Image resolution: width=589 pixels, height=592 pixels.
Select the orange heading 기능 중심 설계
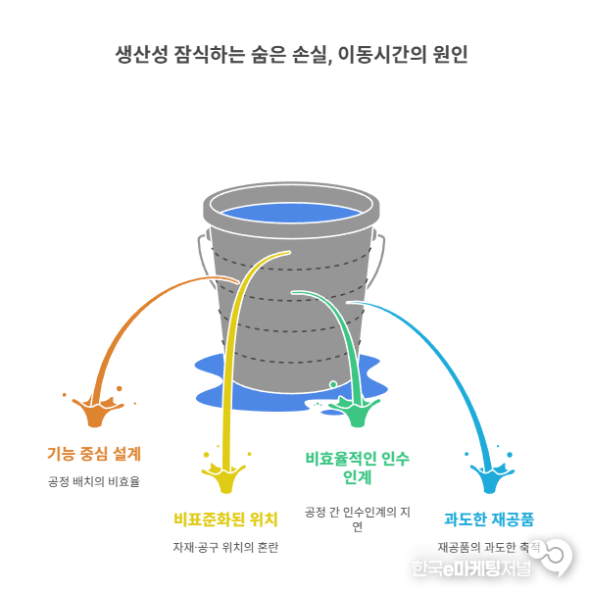(94, 454)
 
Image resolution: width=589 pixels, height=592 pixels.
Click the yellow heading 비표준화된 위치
(225, 518)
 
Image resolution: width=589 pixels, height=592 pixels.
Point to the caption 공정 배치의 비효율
(94, 481)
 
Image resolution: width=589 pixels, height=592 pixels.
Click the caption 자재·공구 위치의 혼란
(225, 547)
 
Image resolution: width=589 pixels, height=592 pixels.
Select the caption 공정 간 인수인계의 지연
(357, 519)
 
